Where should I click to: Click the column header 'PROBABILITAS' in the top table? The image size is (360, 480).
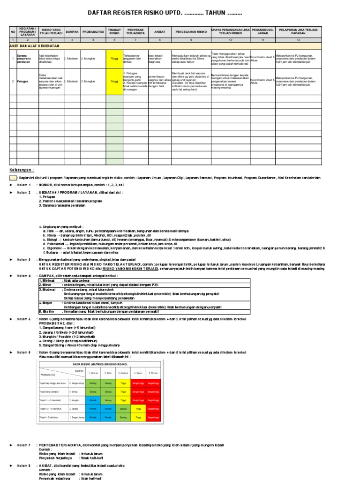[93, 32]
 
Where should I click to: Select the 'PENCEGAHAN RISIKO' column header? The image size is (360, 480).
[191, 32]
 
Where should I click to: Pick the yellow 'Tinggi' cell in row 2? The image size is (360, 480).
[114, 81]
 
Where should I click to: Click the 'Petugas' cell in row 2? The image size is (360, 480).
[22, 81]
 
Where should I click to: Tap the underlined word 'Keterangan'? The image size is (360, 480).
[22, 169]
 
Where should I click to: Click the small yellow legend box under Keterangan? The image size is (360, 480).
[13, 178]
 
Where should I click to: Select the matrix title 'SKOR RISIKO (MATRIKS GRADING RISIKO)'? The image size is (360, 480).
[99, 363]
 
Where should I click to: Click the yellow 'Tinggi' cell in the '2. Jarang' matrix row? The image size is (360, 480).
[138, 408]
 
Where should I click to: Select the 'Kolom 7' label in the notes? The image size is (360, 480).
[24, 444]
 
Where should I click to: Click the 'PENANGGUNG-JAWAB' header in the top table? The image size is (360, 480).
[262, 32]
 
